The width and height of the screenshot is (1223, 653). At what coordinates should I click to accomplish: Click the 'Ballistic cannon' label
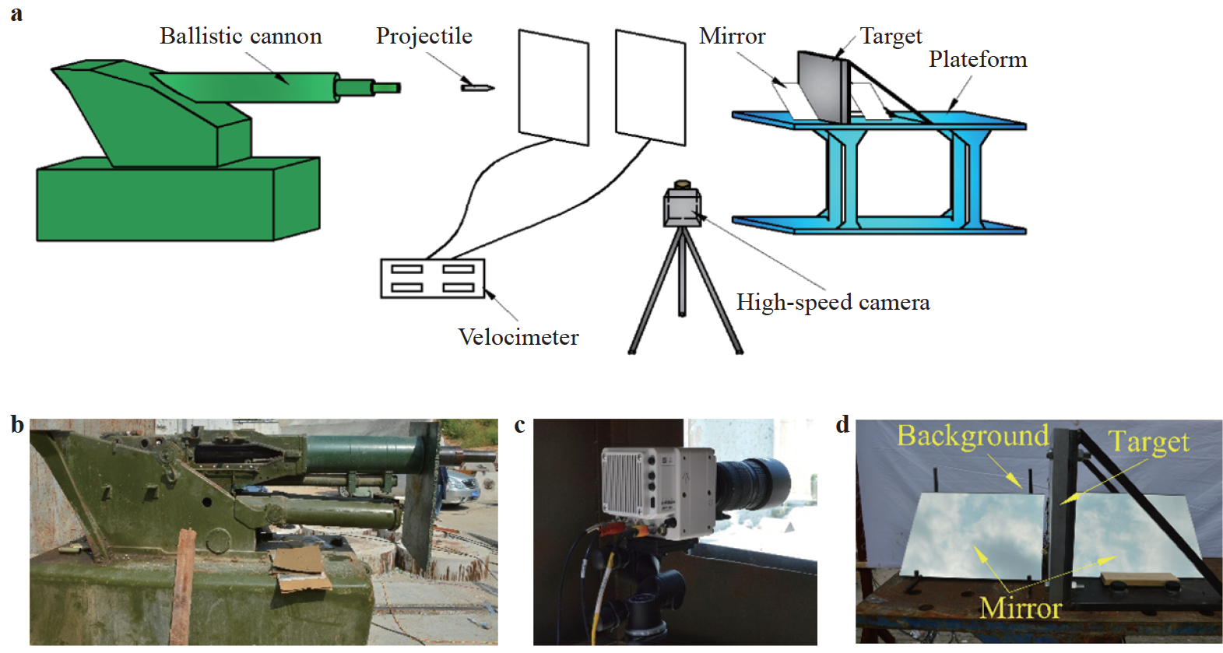point(241,36)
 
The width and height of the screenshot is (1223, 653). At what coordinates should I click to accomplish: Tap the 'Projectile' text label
point(423,36)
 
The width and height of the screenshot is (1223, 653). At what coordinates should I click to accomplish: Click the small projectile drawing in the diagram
point(476,87)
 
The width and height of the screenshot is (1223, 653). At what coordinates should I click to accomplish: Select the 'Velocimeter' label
point(518,337)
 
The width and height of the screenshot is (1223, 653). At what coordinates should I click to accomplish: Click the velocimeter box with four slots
point(432,279)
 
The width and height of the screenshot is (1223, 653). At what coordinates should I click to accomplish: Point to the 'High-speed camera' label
point(832,302)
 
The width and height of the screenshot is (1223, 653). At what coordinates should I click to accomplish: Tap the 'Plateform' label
point(977,59)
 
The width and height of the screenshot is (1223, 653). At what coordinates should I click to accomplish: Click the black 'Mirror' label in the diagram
point(732,36)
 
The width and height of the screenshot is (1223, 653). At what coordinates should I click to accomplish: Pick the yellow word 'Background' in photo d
point(972,436)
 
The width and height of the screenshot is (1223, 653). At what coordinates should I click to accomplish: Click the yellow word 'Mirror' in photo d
point(1020,608)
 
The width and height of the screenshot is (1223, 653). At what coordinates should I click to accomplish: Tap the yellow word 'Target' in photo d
point(1148,441)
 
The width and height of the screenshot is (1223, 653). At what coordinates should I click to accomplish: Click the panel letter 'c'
point(519,425)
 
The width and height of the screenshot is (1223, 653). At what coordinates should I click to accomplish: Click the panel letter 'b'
point(17,425)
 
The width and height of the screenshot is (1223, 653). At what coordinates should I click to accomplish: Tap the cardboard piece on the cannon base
point(300,569)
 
